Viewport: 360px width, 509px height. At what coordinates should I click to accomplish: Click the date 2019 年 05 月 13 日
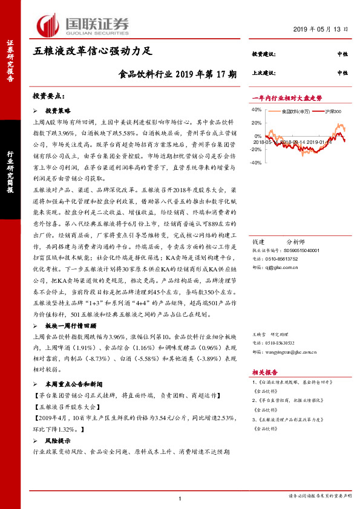[321, 29]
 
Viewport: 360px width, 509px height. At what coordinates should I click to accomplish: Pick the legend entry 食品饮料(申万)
[296, 112]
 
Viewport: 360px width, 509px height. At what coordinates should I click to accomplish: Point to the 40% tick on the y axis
[255, 110]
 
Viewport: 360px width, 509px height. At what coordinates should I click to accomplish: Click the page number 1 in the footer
[180, 498]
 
